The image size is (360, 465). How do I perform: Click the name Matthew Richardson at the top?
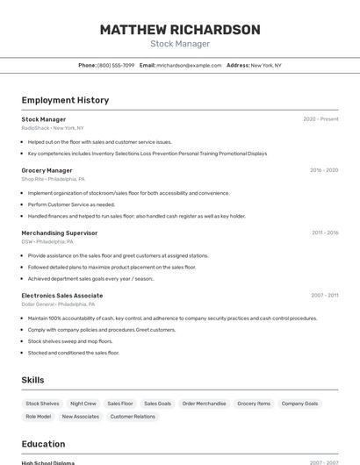click(180, 30)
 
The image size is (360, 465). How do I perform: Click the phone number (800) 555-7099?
click(116, 65)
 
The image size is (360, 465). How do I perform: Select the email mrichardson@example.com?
click(189, 65)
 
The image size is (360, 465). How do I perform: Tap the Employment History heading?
click(65, 100)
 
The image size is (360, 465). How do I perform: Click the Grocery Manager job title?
click(47, 170)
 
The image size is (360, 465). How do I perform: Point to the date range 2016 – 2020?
click(324, 170)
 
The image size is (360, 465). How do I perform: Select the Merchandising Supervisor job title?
click(60, 232)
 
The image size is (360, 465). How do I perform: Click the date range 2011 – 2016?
click(325, 232)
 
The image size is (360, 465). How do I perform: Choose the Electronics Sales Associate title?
click(62, 296)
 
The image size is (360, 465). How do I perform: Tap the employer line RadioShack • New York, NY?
click(53, 128)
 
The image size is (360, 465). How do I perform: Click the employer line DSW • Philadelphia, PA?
click(48, 241)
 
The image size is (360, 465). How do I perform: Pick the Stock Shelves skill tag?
click(43, 404)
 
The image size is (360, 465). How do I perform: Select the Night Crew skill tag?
click(83, 404)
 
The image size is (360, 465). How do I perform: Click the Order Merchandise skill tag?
click(204, 404)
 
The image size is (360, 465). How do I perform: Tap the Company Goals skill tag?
click(299, 404)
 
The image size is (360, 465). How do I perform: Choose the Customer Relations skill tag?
click(133, 417)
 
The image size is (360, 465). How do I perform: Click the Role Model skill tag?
click(39, 417)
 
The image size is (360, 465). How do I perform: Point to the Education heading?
click(43, 444)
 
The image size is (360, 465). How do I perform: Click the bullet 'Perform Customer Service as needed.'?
click(71, 204)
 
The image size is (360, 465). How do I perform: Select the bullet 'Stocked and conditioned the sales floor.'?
click(73, 353)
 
